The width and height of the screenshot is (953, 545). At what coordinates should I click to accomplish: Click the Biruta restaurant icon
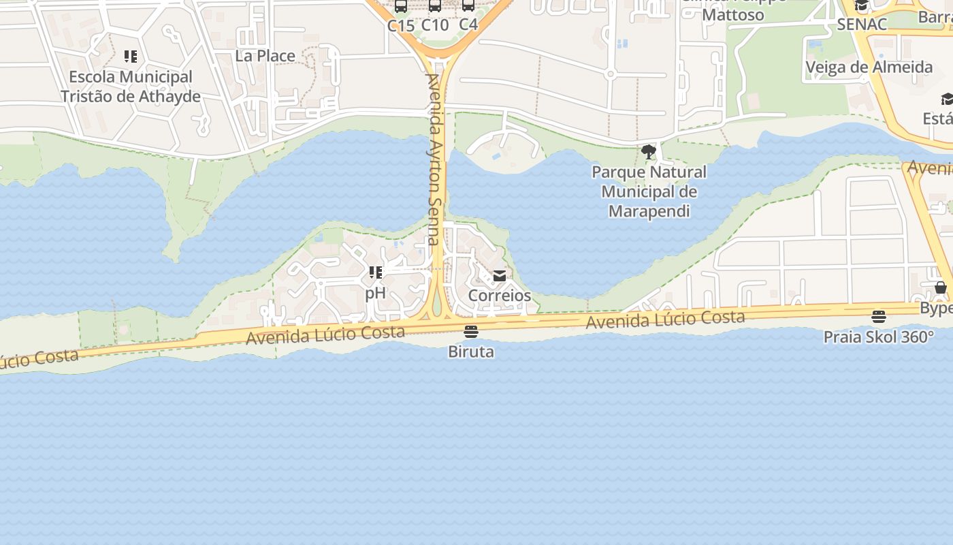pyautogui.click(x=470, y=332)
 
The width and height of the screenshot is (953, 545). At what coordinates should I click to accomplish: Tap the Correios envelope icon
pyautogui.click(x=500, y=276)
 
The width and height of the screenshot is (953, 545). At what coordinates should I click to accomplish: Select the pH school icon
pyautogui.click(x=375, y=273)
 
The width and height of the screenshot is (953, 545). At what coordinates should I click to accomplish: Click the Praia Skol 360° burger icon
pyautogui.click(x=879, y=317)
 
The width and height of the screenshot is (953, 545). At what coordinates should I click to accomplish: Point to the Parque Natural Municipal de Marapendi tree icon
pyautogui.click(x=649, y=151)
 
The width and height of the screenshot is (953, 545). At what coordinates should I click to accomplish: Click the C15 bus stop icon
pyautogui.click(x=401, y=6)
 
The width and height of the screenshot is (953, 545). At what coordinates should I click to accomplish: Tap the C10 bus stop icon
pyautogui.click(x=435, y=6)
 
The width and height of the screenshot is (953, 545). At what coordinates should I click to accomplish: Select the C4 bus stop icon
pyautogui.click(x=468, y=6)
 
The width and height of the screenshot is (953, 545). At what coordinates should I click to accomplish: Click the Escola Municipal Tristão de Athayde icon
pyautogui.click(x=130, y=57)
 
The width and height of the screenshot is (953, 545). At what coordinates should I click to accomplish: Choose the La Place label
pyautogui.click(x=265, y=56)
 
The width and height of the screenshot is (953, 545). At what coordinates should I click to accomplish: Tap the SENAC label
pyautogui.click(x=862, y=25)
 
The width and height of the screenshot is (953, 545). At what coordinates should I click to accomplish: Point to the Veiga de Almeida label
pyautogui.click(x=869, y=67)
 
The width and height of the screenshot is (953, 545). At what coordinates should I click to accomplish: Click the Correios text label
pyautogui.click(x=500, y=296)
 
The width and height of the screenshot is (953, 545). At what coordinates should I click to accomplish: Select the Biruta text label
pyautogui.click(x=471, y=352)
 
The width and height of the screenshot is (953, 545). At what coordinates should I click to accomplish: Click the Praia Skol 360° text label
pyautogui.click(x=879, y=337)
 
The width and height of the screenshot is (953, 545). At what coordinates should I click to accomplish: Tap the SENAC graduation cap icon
pyautogui.click(x=862, y=6)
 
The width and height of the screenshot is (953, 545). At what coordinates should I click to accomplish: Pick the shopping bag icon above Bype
pyautogui.click(x=940, y=287)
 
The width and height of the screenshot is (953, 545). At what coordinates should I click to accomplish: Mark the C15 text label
pyautogui.click(x=401, y=25)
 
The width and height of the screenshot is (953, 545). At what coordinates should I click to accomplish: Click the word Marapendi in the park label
pyautogui.click(x=649, y=211)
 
